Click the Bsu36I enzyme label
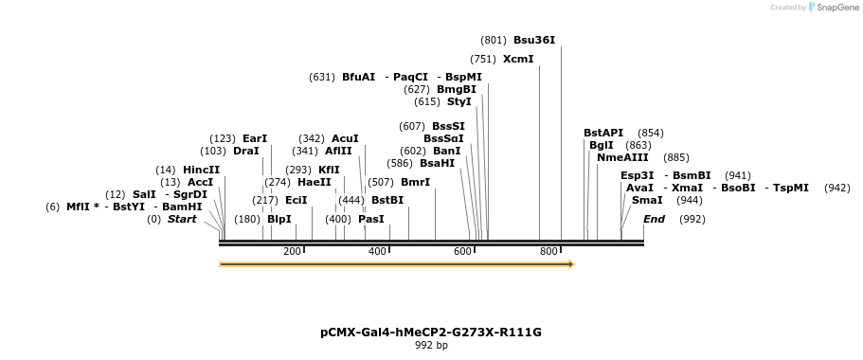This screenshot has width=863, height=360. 533,41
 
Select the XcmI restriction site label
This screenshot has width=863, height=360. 518,59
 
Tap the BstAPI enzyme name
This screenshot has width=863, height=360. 603,133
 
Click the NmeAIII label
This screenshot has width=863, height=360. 622,157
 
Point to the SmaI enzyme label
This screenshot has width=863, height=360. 647,200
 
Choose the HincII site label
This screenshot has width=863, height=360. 201,170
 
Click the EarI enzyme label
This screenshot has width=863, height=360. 255,138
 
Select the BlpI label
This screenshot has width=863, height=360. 279,219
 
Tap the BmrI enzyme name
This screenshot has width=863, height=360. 415,182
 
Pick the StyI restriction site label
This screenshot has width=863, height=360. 458,101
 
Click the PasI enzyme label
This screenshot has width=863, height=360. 371,219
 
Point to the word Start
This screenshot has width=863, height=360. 182,219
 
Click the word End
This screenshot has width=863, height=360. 654,219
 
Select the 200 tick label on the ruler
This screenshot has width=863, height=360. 292,251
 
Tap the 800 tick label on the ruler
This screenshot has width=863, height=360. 548,251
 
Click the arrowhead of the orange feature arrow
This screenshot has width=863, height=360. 570,264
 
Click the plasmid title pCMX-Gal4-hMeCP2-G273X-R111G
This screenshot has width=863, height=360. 431,333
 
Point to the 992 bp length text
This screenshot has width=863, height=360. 431,346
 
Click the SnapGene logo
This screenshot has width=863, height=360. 832,8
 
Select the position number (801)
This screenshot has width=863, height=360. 494,41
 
